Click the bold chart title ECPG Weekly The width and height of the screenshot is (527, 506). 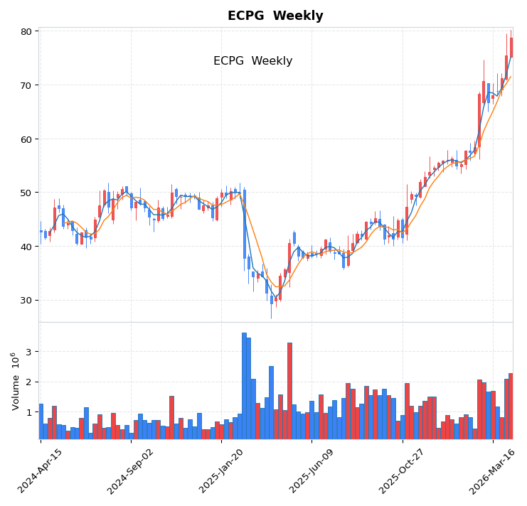pos(275,16)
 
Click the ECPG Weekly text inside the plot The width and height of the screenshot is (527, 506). pos(252,61)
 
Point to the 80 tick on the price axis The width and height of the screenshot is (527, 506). pos(26,31)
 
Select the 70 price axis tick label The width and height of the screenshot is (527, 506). pos(26,85)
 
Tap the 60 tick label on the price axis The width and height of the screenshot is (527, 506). pos(26,139)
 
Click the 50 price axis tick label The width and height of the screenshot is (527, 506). pos(26,193)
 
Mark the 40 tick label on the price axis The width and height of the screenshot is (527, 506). pos(26,247)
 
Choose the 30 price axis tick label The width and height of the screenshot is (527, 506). pos(26,300)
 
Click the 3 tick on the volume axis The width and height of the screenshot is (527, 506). pos(29,352)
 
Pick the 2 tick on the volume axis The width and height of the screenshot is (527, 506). pos(29,382)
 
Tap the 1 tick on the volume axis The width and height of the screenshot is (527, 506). pos(29,412)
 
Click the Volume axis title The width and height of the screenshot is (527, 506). pos(15,381)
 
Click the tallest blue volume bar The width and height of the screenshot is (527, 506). pos(244,386)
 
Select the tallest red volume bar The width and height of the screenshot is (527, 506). pos(289,391)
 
